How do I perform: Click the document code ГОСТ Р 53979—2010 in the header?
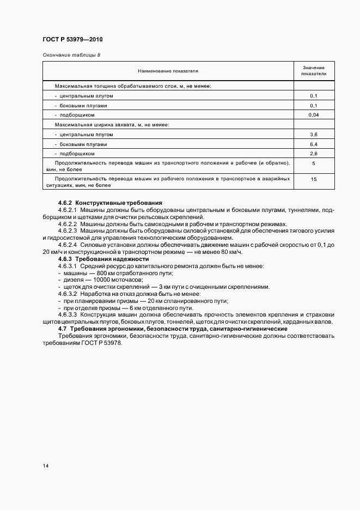coord(72,40)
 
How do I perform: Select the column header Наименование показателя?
coord(168,71)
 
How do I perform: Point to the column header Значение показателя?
coord(314,70)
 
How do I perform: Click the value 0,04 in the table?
coord(314,115)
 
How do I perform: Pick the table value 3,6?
coord(314,135)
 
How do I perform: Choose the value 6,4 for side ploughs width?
coord(314,144)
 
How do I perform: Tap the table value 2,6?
coord(314,154)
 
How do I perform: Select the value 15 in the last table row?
coord(314,179)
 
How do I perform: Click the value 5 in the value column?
coord(314,163)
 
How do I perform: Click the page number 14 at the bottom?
coord(45,466)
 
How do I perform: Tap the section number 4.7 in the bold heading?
coord(62,330)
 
